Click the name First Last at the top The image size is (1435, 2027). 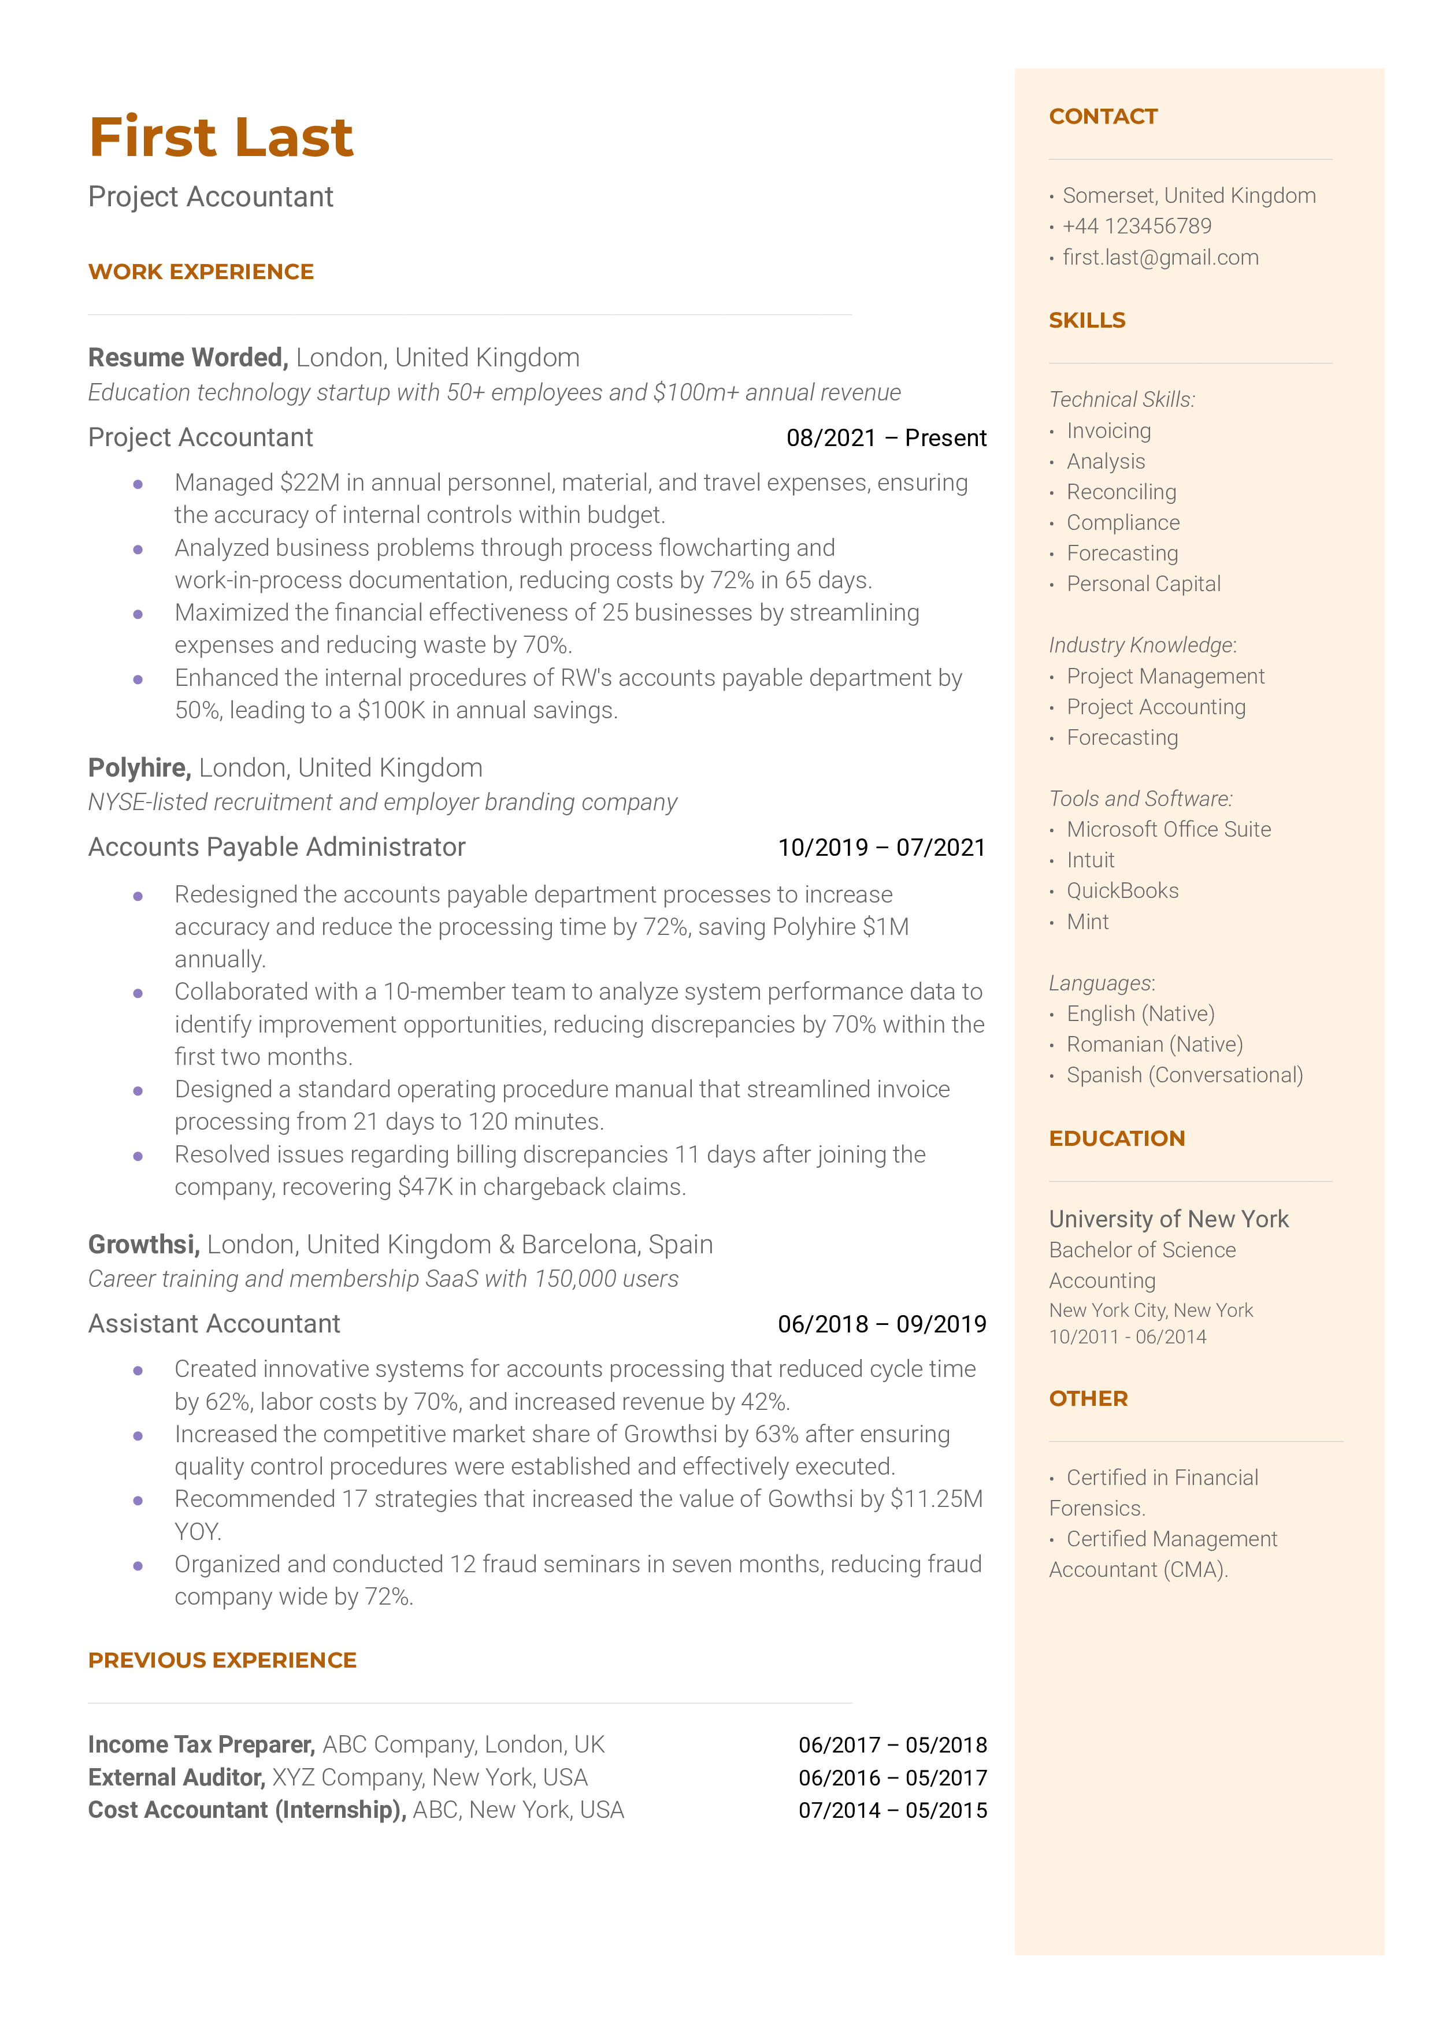(x=221, y=138)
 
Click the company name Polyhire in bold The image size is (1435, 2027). (x=139, y=767)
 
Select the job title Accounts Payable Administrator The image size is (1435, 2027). (x=277, y=847)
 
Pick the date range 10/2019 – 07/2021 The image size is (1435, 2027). (x=881, y=848)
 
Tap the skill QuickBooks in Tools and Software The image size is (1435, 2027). (x=1122, y=890)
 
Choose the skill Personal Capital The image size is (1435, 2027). (x=1143, y=584)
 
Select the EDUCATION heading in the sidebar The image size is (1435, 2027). (x=1117, y=1138)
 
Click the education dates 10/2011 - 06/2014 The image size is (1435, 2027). (x=1128, y=1337)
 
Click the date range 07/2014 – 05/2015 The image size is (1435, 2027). (x=892, y=1811)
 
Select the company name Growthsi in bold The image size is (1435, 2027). (x=143, y=1245)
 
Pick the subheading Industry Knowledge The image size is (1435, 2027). (x=1141, y=645)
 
